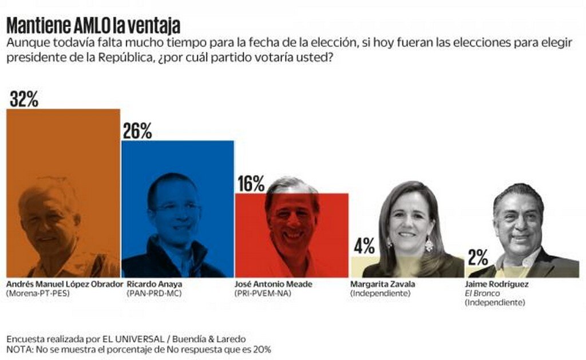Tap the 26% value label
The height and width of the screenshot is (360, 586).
tap(137, 131)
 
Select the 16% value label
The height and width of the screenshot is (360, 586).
tap(251, 184)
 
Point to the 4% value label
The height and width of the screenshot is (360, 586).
tap(365, 247)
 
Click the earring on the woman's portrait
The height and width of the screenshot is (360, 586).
tap(429, 245)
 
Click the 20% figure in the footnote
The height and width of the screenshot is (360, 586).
tap(262, 349)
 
